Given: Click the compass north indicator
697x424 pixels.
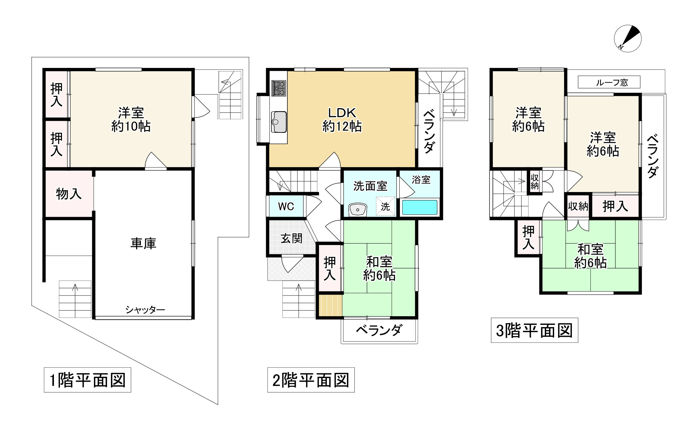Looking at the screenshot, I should click(627, 38).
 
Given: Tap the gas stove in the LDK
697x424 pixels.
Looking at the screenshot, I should click(279, 88).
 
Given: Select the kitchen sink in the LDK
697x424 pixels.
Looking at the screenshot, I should click(279, 122).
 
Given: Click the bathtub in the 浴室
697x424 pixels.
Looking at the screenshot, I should click(420, 207).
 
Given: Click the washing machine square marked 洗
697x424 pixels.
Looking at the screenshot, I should click(385, 206).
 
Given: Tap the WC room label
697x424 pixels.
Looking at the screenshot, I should click(286, 206).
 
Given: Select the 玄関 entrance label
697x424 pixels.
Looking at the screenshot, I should click(291, 238).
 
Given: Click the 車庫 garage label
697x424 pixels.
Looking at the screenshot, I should click(143, 243).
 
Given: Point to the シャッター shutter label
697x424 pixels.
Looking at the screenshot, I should click(145, 310).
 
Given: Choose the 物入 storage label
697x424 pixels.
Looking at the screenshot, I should click(69, 193).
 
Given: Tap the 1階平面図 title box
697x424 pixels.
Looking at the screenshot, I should click(87, 380).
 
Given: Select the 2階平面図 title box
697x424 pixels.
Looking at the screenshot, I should click(311, 380).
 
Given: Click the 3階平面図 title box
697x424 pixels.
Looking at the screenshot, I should click(534, 330).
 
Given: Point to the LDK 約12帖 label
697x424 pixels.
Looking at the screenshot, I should click(342, 120).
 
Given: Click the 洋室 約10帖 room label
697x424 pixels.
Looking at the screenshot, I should click(131, 120).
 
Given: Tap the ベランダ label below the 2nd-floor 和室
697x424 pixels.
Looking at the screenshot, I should click(379, 330).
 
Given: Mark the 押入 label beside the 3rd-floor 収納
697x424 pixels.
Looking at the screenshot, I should click(615, 206).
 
